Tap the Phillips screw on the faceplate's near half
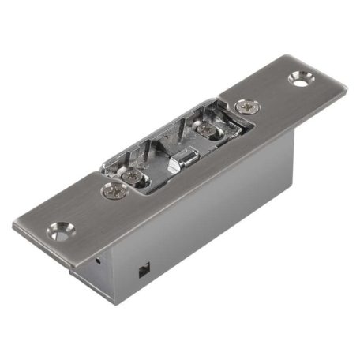(113, 189)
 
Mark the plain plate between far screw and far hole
(272, 93)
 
